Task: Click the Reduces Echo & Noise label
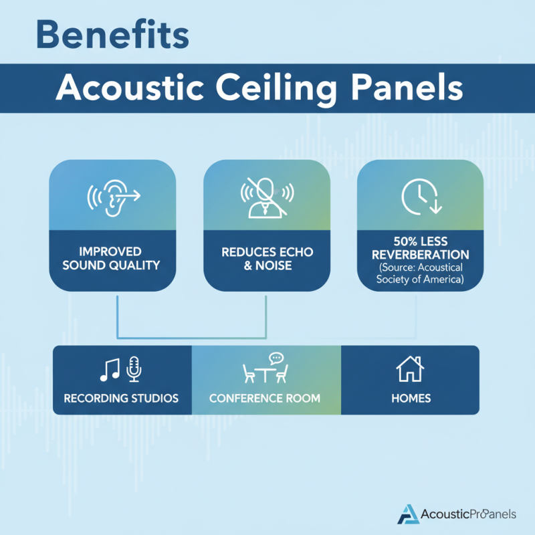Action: coord(267,258)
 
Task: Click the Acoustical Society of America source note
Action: coord(420,274)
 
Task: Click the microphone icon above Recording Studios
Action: coord(134,368)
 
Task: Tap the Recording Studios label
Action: coord(121,399)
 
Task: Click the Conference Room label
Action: coord(265,399)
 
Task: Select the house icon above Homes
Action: coord(410,368)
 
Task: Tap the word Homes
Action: coord(411,399)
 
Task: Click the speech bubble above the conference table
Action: coord(276,358)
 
